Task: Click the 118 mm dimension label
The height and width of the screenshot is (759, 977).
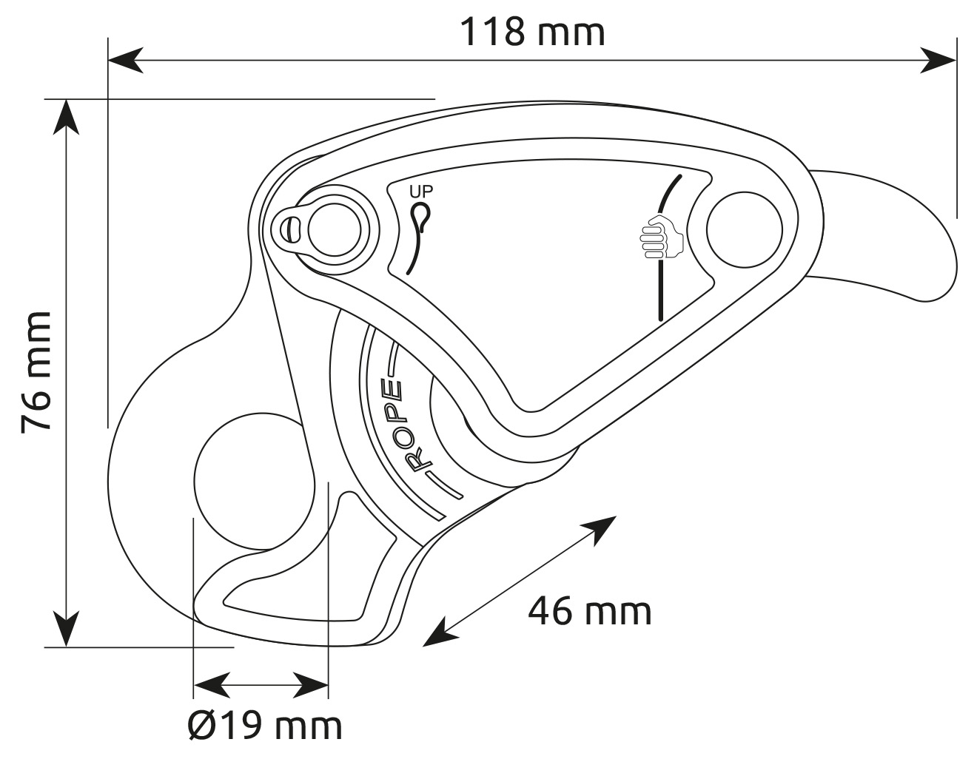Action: click(533, 32)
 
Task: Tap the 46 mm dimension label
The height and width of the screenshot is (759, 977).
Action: click(589, 612)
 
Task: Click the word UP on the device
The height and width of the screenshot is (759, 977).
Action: click(421, 192)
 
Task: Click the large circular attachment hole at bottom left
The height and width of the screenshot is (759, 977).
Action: click(255, 482)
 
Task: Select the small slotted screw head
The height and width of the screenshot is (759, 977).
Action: click(291, 229)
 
